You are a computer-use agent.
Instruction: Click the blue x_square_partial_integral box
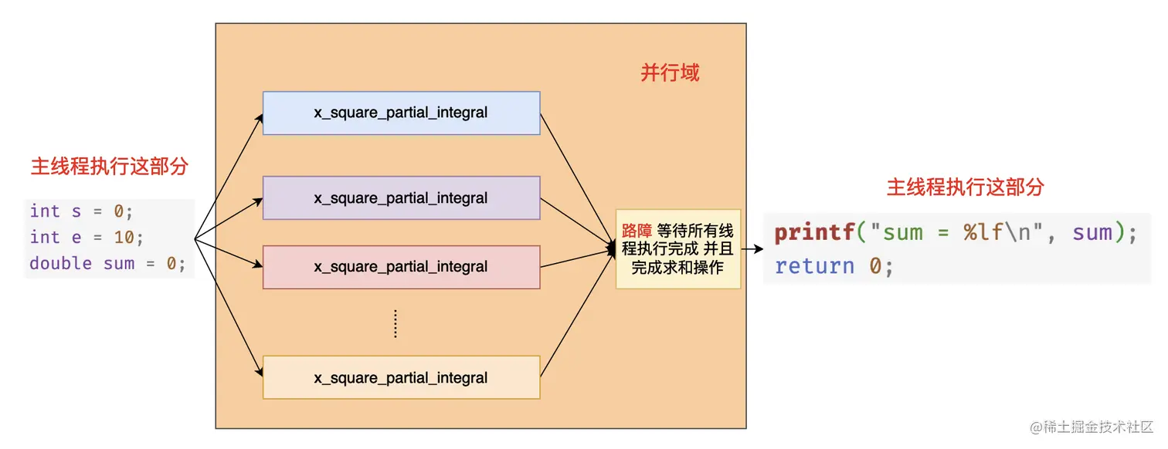(401, 113)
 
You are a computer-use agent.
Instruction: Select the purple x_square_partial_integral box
(401, 198)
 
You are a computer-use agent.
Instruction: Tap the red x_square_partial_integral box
(401, 267)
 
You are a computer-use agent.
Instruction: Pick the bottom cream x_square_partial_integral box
(401, 377)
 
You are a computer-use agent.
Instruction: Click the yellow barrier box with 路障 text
(678, 249)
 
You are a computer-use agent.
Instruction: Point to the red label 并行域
(670, 73)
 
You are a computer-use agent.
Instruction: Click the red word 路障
(637, 230)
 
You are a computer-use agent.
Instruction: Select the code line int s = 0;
(81, 211)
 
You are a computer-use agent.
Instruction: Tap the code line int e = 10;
(87, 237)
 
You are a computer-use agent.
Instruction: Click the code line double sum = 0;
(107, 263)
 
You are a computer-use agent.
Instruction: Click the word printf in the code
(814, 232)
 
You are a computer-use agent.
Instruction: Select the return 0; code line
(834, 266)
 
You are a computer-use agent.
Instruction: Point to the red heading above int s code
(110, 167)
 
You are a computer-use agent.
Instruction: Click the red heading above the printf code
(965, 187)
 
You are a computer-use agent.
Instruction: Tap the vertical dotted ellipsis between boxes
(396, 323)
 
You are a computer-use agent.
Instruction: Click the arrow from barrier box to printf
(752, 249)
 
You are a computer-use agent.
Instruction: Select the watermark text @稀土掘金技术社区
(1092, 427)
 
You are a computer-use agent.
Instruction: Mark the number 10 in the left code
(124, 237)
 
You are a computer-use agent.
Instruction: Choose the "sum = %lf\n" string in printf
(957, 232)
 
